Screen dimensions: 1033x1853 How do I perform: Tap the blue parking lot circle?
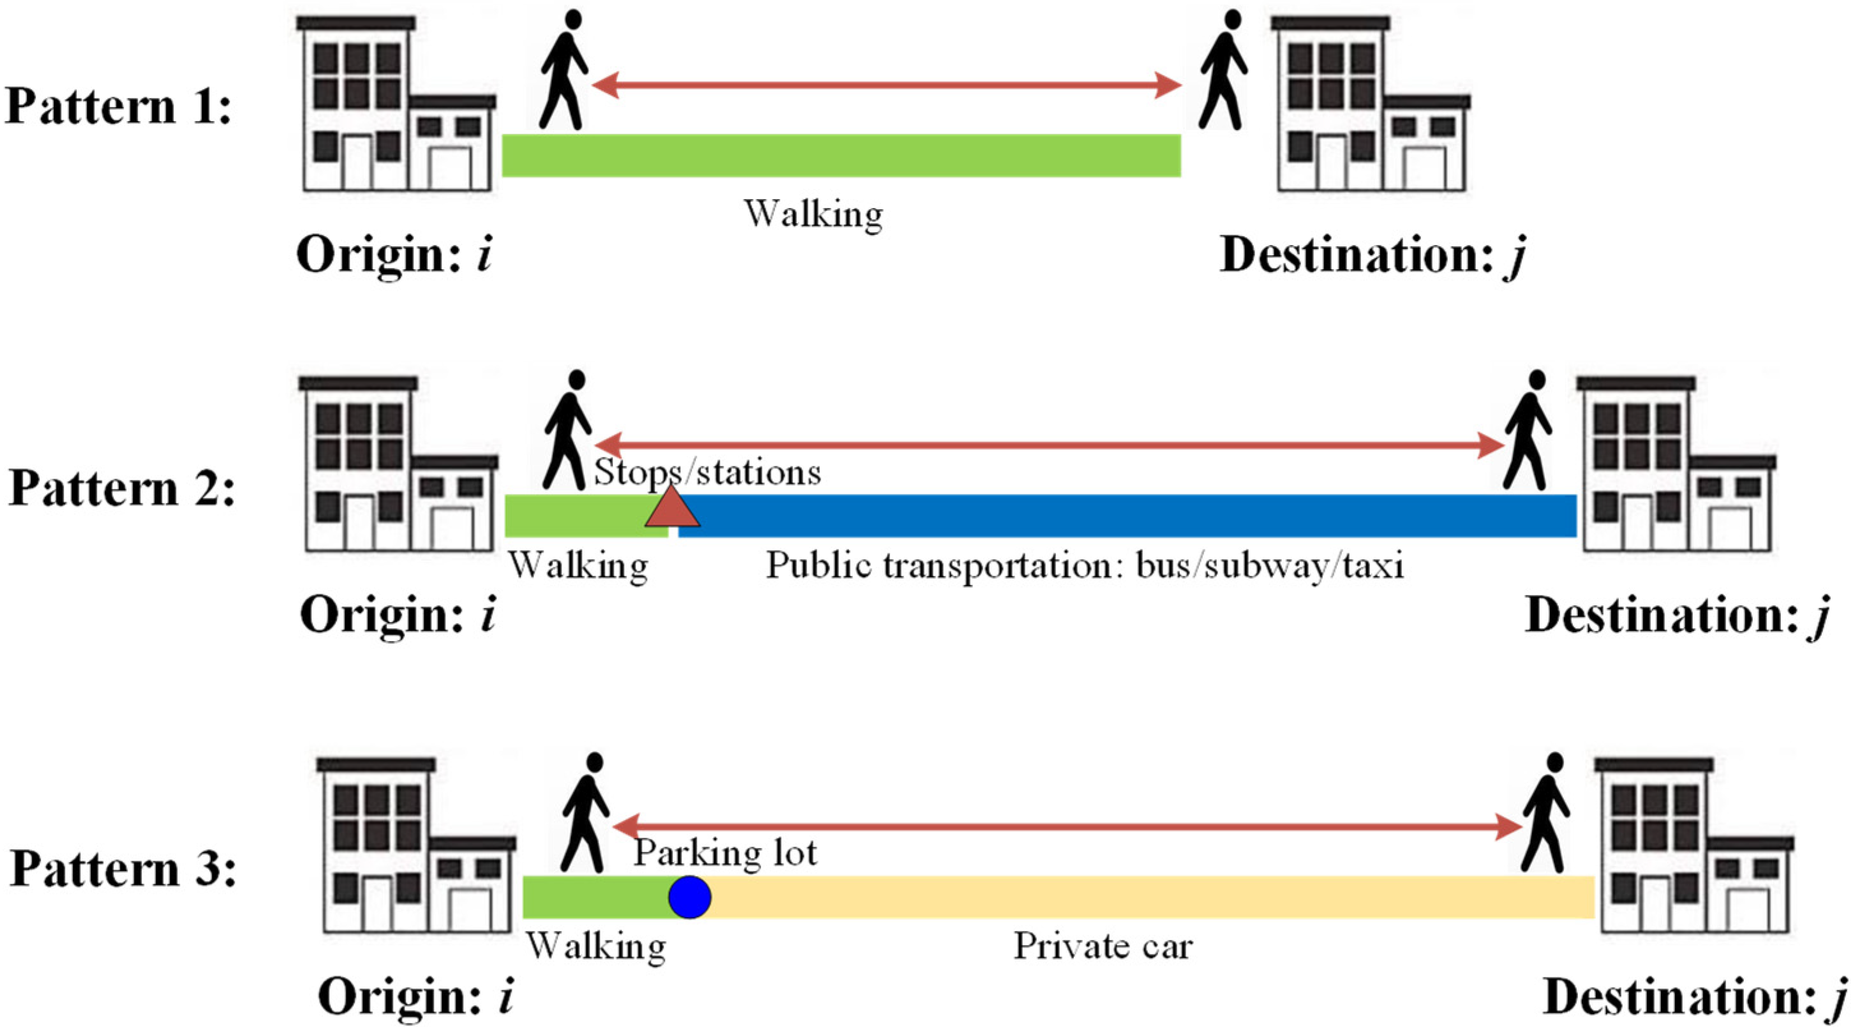coord(689,897)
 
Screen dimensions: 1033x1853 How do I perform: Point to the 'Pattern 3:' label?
coord(123,869)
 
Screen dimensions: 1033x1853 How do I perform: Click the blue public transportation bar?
coord(1126,516)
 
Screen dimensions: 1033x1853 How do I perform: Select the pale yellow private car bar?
coord(1151,897)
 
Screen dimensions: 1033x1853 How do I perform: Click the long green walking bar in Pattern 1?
coord(841,156)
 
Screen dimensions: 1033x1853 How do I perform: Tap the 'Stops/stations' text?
coord(707,473)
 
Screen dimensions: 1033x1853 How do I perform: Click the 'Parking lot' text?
coord(725,853)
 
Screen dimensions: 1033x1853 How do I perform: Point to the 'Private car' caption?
coord(1103,946)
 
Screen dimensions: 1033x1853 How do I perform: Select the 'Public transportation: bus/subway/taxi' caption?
coord(1085,565)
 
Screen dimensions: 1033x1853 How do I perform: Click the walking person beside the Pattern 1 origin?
coord(565,70)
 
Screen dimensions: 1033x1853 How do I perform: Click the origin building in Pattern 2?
coord(398,464)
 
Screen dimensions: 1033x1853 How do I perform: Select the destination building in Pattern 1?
coord(1371,105)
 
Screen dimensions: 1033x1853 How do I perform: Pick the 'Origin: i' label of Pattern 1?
coord(395,255)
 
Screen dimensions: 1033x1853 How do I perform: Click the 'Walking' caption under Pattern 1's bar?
coord(814,214)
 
